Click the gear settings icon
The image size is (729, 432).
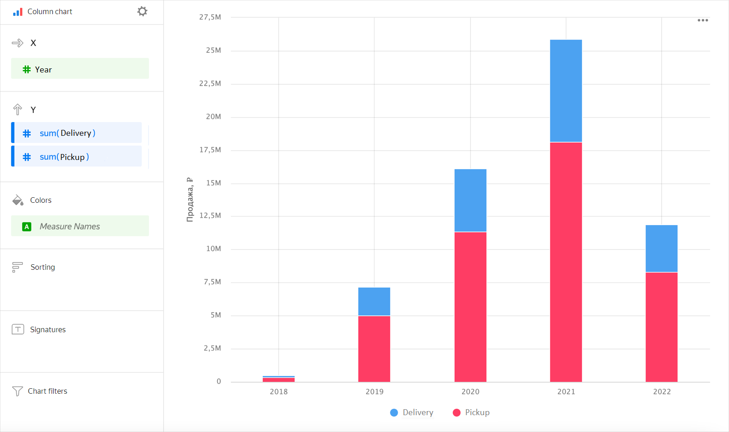[142, 11]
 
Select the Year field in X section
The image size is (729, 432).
[80, 69]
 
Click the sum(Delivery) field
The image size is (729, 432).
[77, 133]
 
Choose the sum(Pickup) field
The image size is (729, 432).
[77, 157]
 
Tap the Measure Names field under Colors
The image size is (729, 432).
[80, 226]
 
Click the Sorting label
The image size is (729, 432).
[42, 267]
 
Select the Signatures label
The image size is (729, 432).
[47, 329]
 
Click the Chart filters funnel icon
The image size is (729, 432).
[17, 391]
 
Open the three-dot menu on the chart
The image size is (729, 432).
[703, 20]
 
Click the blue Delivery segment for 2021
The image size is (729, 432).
[566, 91]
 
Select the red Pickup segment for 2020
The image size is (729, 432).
[470, 306]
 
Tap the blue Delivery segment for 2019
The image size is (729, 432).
[374, 301]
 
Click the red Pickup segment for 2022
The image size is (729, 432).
[662, 326]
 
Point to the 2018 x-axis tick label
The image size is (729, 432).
[278, 392]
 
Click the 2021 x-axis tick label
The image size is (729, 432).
[566, 392]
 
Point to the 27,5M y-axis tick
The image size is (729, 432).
[210, 17]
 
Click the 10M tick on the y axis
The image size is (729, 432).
[213, 249]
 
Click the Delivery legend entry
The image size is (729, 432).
[412, 412]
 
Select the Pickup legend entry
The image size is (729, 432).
[471, 412]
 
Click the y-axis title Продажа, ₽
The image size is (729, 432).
[190, 200]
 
